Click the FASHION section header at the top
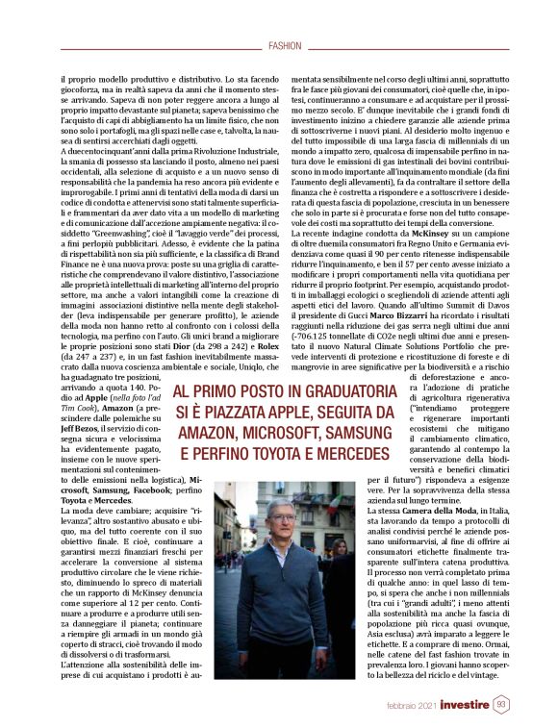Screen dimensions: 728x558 (x=285, y=45)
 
